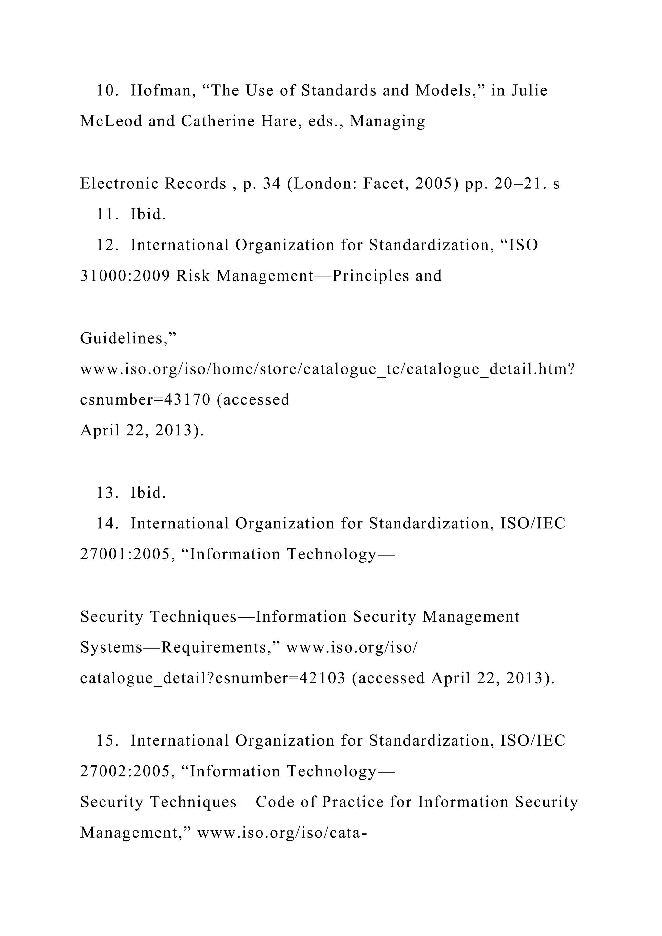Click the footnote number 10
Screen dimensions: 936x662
coord(107,90)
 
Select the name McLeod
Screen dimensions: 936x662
coord(111,121)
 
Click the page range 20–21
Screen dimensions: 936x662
coord(520,184)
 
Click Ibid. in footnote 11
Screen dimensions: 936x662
coord(148,214)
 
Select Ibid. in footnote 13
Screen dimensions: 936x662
coord(148,493)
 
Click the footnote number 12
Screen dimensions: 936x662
coord(107,245)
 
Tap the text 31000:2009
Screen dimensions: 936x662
coord(125,276)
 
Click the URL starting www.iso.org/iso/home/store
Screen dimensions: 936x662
coord(327,369)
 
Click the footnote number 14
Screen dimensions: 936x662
coord(107,524)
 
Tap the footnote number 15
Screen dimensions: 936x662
coord(107,741)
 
